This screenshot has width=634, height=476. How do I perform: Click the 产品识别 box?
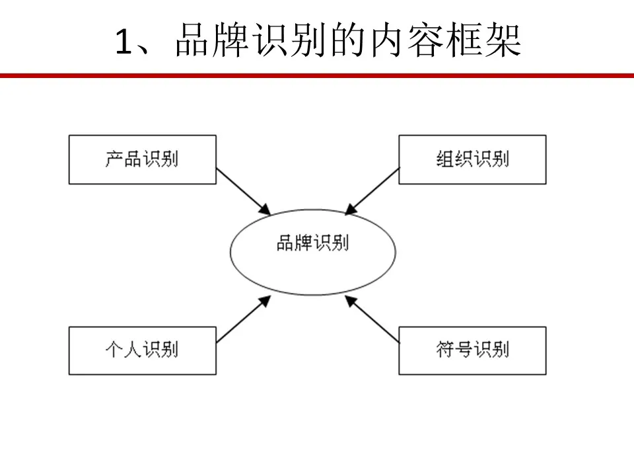click(x=143, y=159)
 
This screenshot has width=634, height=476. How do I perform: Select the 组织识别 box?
click(x=472, y=159)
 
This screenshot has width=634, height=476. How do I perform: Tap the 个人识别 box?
click(x=143, y=350)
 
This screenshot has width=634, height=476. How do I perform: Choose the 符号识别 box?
click(x=472, y=350)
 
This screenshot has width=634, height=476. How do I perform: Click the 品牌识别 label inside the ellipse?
click(x=312, y=243)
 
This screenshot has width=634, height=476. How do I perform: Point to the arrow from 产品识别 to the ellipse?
click(x=244, y=192)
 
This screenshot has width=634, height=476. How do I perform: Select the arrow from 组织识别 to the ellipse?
click(x=372, y=191)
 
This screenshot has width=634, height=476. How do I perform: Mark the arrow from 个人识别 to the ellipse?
click(x=244, y=319)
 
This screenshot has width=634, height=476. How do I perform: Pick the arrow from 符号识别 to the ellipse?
click(x=372, y=319)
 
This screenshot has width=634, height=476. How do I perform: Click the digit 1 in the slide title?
click(x=123, y=41)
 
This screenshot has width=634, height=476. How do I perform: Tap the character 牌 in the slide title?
click(x=230, y=40)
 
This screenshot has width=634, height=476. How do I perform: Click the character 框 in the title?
click(x=464, y=40)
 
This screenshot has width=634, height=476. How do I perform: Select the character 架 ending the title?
click(x=503, y=40)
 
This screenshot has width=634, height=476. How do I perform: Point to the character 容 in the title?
click(x=425, y=40)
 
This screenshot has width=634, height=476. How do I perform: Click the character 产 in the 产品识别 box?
click(x=114, y=159)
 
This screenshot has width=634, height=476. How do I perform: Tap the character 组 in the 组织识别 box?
click(x=445, y=159)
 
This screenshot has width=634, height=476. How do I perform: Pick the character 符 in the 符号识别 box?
click(x=445, y=349)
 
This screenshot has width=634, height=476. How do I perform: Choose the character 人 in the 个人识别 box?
click(x=133, y=349)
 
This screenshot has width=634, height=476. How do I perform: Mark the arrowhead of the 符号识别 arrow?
click(x=351, y=301)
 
